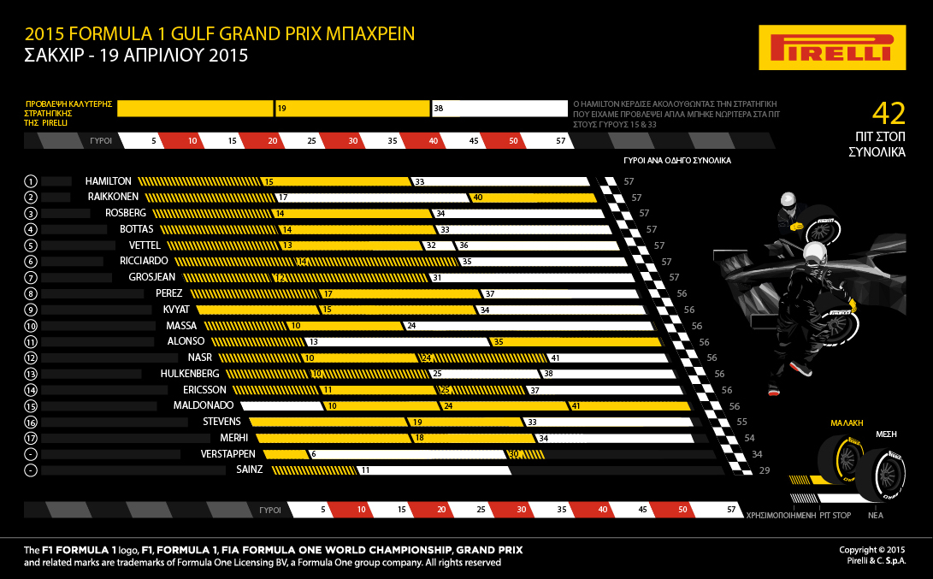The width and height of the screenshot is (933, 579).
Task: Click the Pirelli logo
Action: pos(832,47)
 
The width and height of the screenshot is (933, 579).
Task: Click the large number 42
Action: pos(888,114)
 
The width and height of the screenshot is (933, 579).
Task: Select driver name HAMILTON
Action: pos(109,181)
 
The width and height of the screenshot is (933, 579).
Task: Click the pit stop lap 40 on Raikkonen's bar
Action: pos(478,198)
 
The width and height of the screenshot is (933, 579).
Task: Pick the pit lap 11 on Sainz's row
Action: pos(364,470)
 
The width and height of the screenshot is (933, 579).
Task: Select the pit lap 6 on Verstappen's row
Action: pos(314,453)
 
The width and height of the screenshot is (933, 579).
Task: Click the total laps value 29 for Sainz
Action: pos(765,470)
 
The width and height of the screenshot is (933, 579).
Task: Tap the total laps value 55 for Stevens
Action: pos(742,422)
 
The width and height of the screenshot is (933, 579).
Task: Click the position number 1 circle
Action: pos(31,181)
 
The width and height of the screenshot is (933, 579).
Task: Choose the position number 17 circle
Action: pos(31,438)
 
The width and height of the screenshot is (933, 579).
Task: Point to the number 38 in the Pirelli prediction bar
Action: pos(438,109)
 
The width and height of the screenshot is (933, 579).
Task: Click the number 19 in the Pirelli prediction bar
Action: pos(281,109)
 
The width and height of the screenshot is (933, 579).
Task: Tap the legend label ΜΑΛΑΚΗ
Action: pos(847,422)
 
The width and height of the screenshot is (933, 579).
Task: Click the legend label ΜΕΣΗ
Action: pos(886,434)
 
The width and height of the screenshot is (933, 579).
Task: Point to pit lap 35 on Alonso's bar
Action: pos(499,341)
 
